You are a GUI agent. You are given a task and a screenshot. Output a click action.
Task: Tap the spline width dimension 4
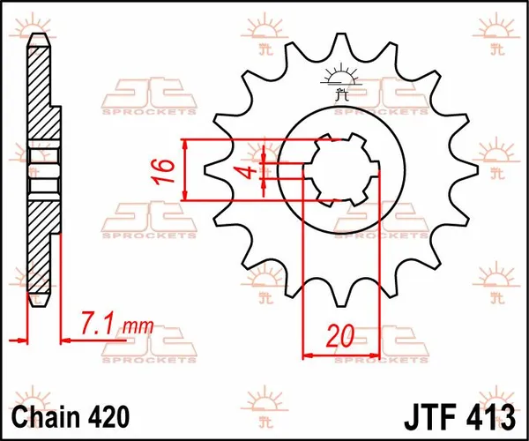[x=250, y=169]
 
